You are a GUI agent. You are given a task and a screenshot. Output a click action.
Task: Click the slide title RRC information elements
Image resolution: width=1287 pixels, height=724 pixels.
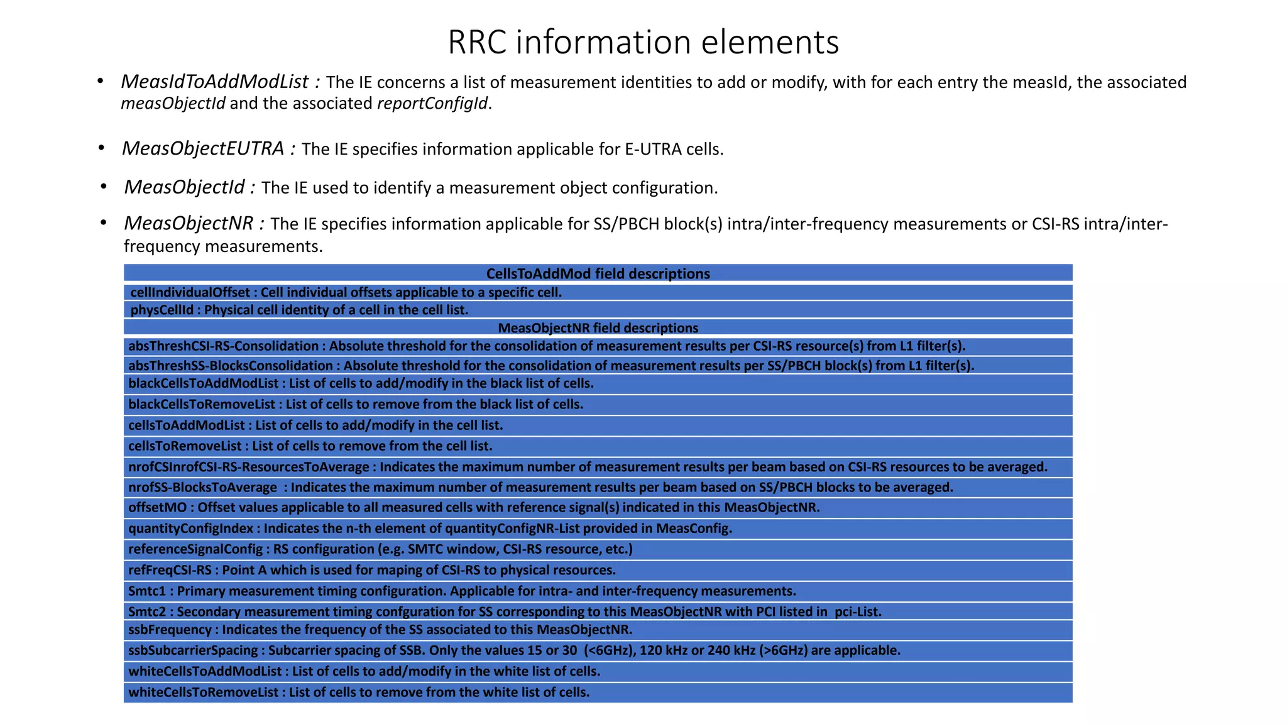coord(643,43)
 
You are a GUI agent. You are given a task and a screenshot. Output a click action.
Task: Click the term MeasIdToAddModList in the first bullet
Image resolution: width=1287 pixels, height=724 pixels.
coord(214,82)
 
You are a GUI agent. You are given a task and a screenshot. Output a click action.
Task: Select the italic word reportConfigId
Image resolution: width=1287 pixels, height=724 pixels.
coord(432,103)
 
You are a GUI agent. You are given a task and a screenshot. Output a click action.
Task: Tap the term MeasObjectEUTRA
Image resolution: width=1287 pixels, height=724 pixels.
coord(202,148)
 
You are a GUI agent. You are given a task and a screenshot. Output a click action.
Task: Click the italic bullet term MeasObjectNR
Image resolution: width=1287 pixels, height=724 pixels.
coord(188,223)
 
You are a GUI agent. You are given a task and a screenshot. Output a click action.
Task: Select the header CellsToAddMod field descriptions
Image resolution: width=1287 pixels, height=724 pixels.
coord(598,273)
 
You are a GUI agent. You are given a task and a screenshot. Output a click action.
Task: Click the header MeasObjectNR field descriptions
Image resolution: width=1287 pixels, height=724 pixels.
coord(598,327)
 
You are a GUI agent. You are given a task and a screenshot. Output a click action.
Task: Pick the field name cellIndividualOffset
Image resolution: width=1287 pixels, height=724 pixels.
coord(190,292)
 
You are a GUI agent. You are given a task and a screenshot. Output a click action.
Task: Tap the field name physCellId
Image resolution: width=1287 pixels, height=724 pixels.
coord(162,310)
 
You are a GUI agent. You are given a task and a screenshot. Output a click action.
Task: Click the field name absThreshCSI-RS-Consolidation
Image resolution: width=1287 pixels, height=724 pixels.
coord(223,346)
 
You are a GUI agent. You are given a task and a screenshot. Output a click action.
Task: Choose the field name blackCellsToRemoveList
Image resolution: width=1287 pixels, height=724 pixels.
coord(202,404)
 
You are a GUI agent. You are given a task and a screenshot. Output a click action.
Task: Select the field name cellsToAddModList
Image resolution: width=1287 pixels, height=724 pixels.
coord(186,425)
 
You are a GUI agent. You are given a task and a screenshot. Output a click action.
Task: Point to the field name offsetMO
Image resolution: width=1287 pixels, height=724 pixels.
coord(157,507)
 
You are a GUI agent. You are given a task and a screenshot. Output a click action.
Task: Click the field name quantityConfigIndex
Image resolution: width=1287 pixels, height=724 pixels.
coord(190,528)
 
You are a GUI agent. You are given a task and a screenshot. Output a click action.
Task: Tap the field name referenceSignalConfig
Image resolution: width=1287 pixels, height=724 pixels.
coord(195,549)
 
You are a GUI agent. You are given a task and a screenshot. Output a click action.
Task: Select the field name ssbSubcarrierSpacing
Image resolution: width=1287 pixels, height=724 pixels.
coord(193,650)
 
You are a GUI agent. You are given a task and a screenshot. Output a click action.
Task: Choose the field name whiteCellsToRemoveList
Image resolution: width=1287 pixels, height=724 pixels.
coord(203,692)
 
